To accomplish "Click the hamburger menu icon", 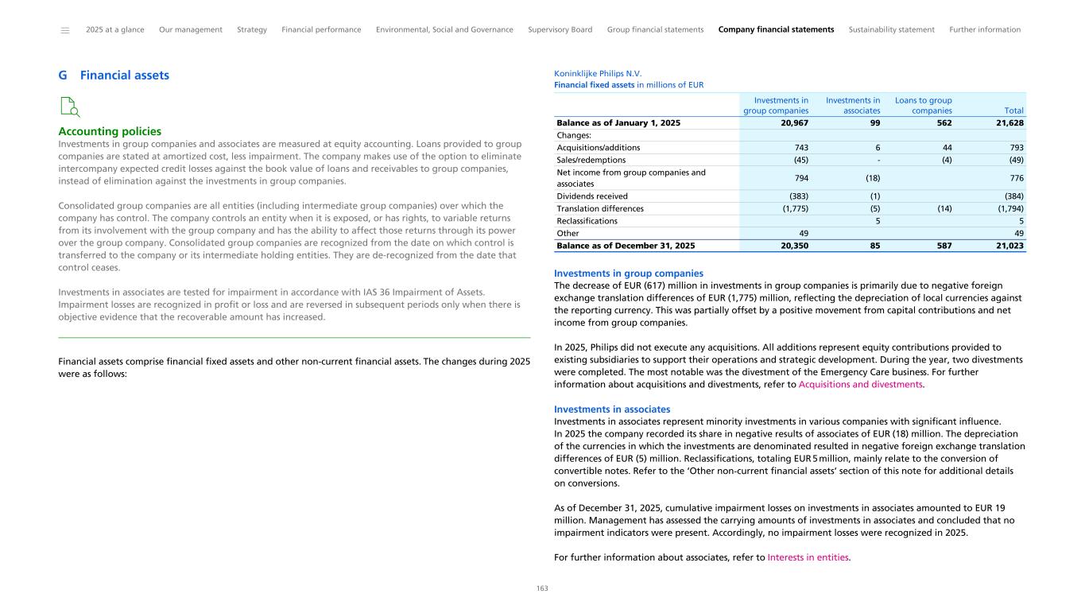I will click(x=65, y=30).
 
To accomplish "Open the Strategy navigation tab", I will click(x=252, y=29).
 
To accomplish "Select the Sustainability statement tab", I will click(x=891, y=29).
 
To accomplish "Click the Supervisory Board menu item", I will click(x=560, y=29).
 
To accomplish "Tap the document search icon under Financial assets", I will click(x=70, y=107).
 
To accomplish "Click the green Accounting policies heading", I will click(x=110, y=131).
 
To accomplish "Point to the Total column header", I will click(x=1013, y=111).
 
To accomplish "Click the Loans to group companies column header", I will click(x=923, y=106).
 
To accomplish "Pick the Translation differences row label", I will click(x=600, y=208).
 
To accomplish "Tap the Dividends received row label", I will click(x=592, y=196).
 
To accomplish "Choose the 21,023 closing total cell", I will click(x=1008, y=246).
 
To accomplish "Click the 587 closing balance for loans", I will click(x=943, y=246).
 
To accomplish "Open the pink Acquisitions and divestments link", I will click(x=860, y=384).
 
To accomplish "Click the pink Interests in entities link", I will click(x=808, y=557).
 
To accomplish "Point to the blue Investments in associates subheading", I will click(x=611, y=409).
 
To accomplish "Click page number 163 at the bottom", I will click(x=542, y=588).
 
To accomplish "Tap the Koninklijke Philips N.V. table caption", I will click(x=597, y=73).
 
